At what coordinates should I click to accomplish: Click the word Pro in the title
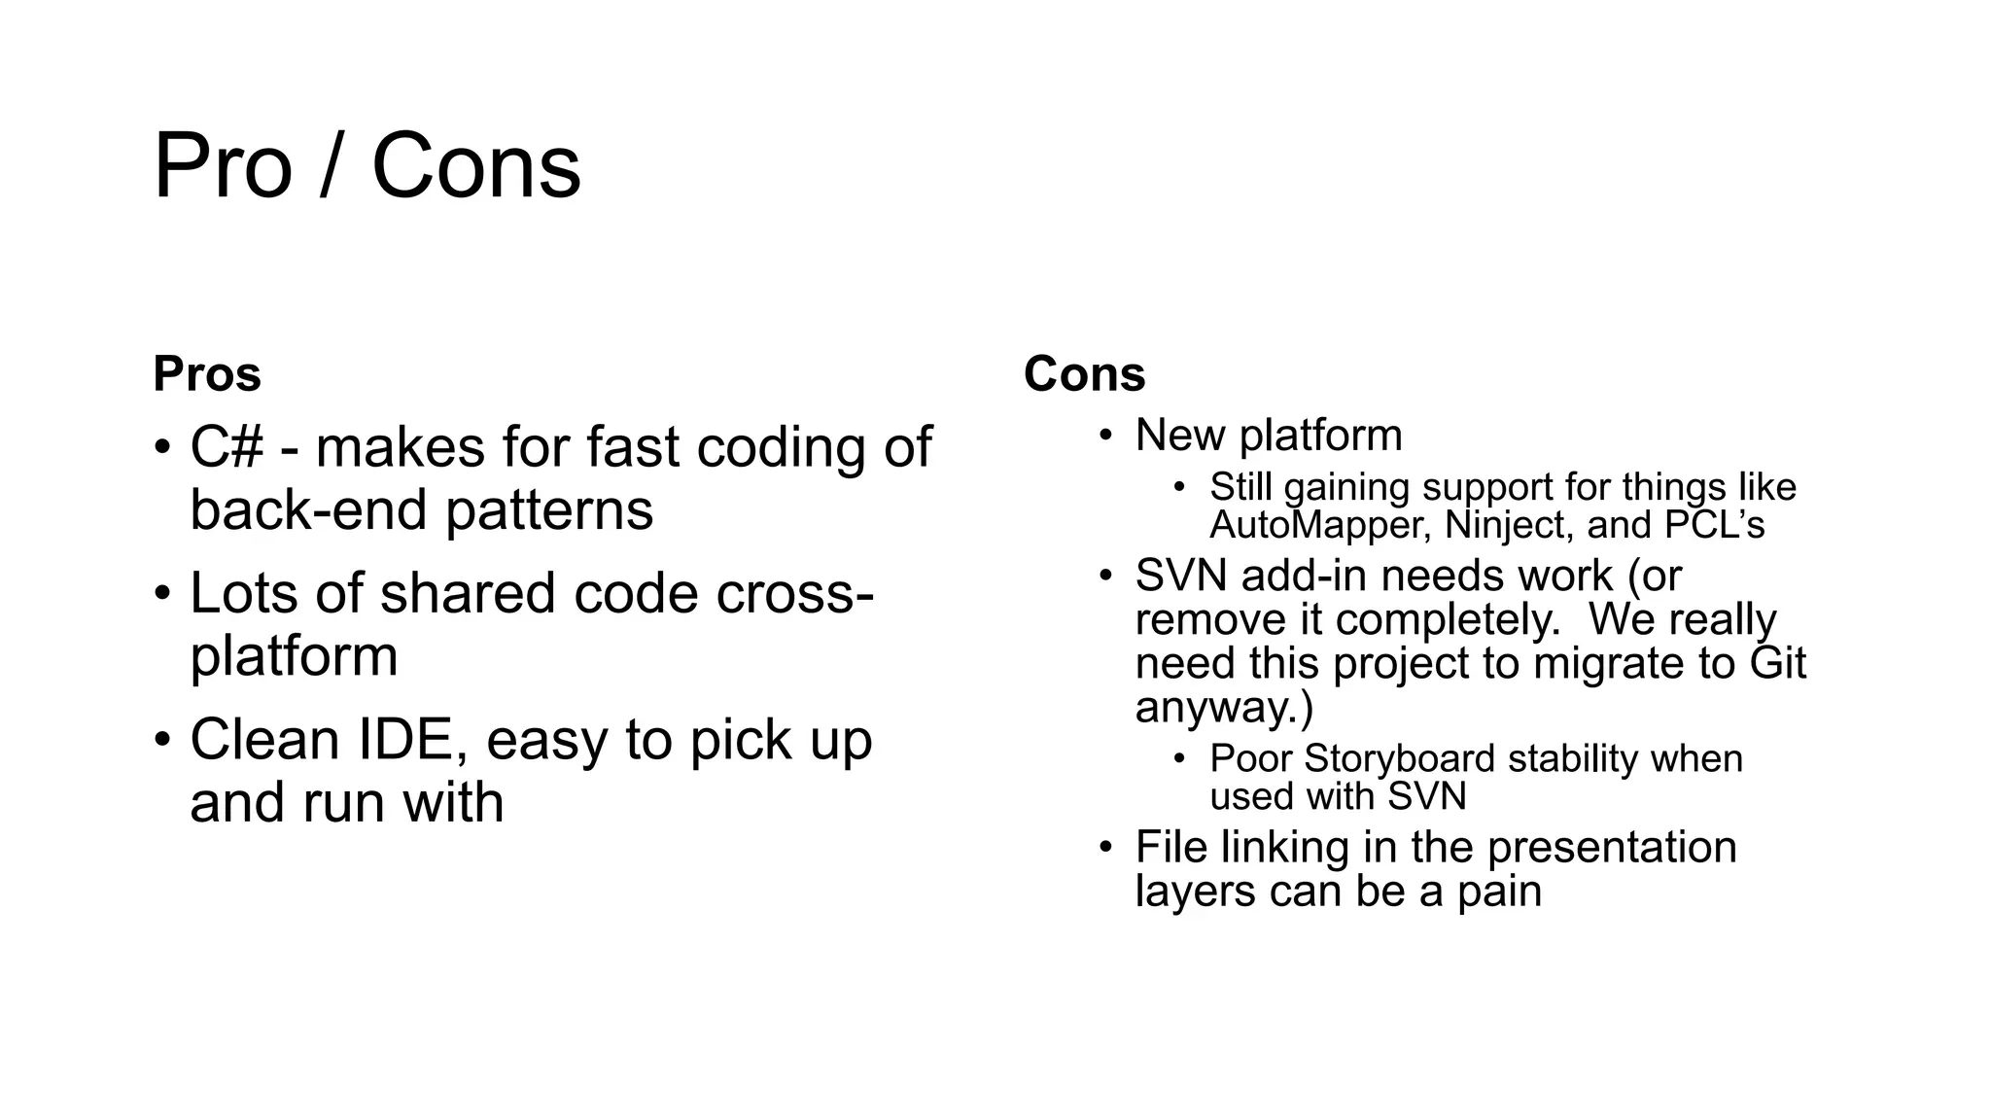(x=223, y=167)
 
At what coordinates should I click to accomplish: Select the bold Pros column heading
(x=207, y=373)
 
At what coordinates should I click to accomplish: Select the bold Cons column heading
(x=1084, y=373)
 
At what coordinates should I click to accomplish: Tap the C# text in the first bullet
(x=227, y=448)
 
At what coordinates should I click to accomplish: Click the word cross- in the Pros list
(x=794, y=593)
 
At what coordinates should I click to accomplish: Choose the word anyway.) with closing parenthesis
(x=1224, y=708)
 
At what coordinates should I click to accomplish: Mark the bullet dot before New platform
(x=1105, y=435)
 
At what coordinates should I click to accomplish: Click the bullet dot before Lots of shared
(x=162, y=594)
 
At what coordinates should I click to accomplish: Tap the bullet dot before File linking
(x=1105, y=847)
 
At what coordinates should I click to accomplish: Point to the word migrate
(x=1603, y=664)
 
